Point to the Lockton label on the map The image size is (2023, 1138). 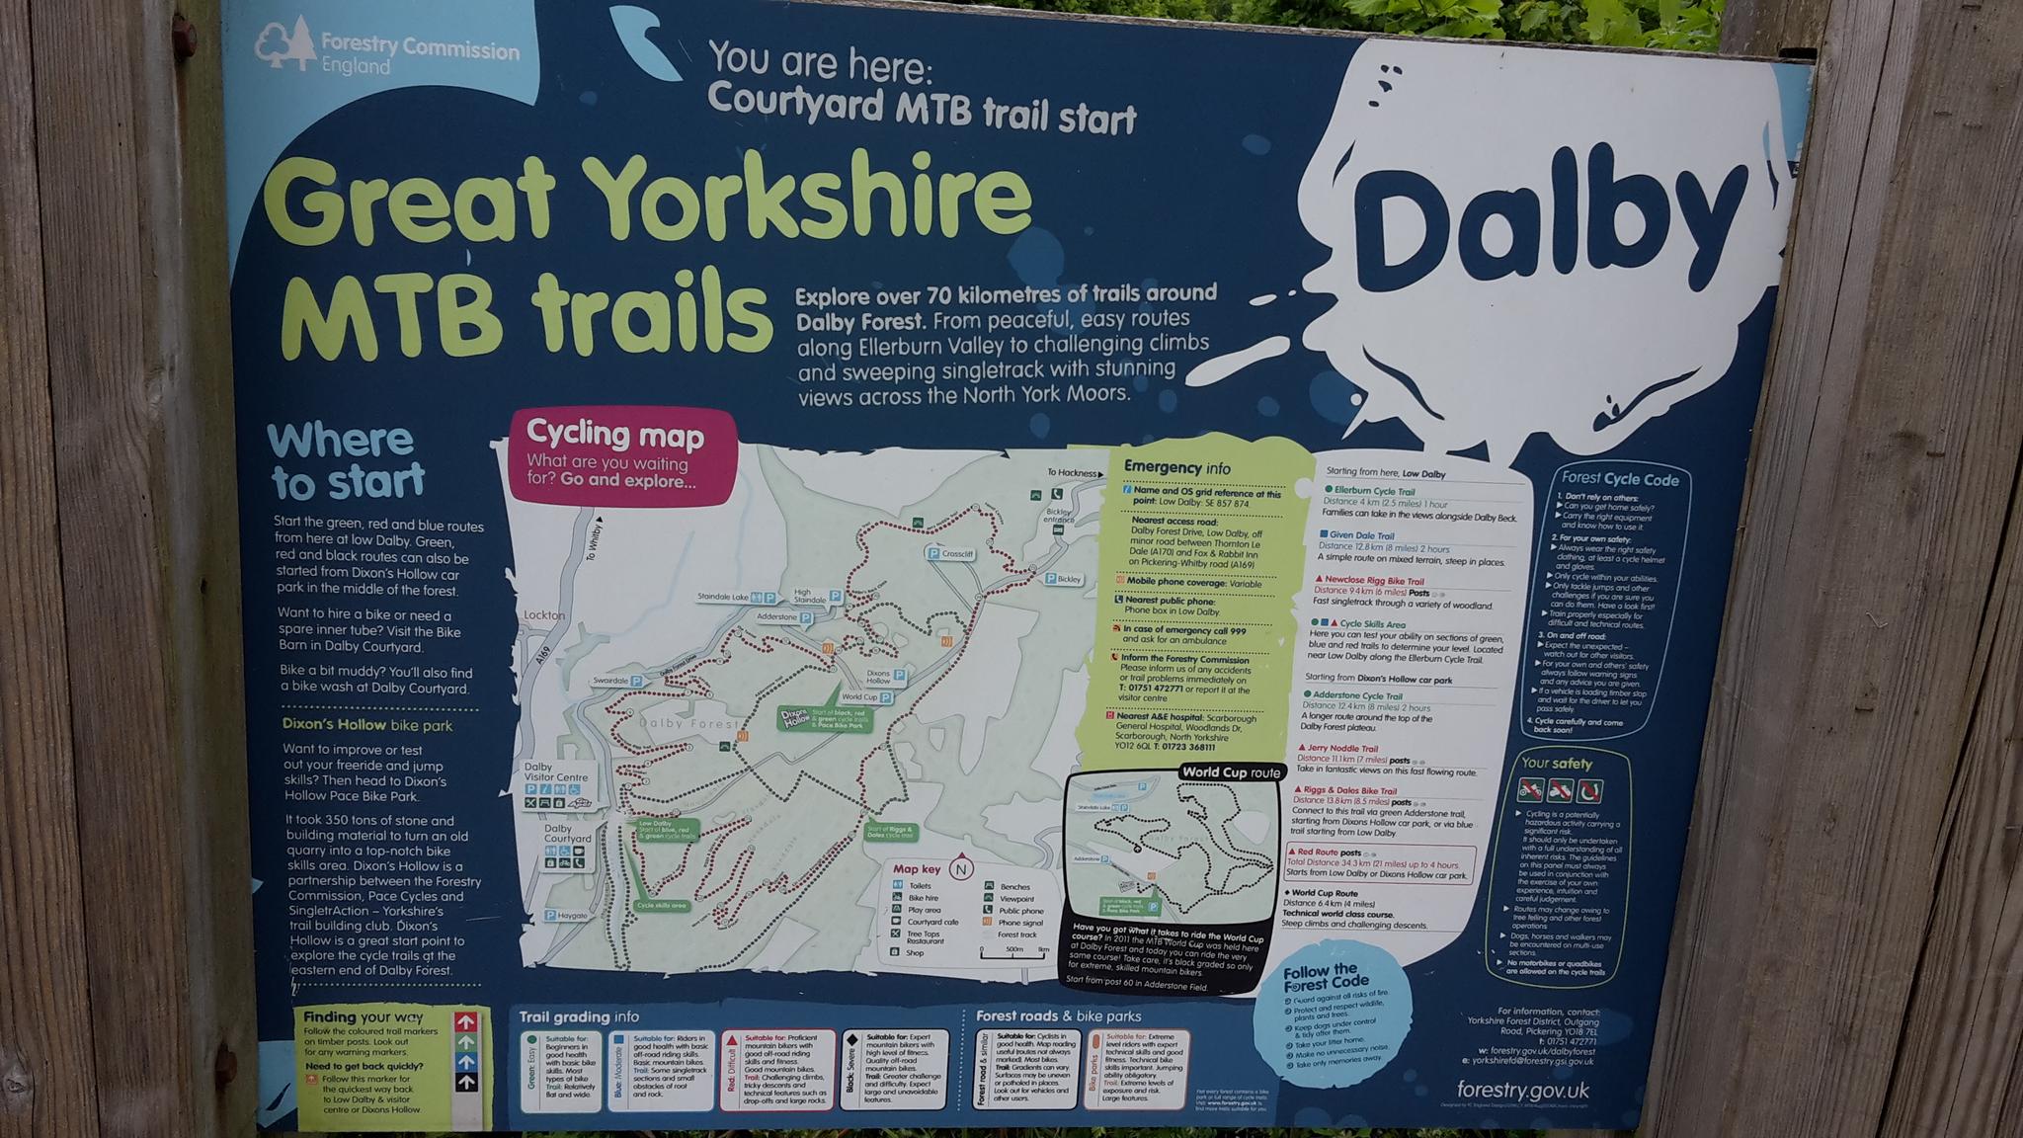[544, 614]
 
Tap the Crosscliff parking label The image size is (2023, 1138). [950, 554]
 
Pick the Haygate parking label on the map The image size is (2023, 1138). [567, 916]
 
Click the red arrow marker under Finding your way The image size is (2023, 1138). [466, 1021]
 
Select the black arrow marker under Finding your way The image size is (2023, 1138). [466, 1083]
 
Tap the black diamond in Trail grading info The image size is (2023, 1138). [850, 1039]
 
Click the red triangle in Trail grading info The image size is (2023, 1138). [731, 1039]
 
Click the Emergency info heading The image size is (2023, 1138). [1177, 467]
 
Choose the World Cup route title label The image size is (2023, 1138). [1231, 772]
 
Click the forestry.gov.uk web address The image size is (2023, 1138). [1522, 1091]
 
